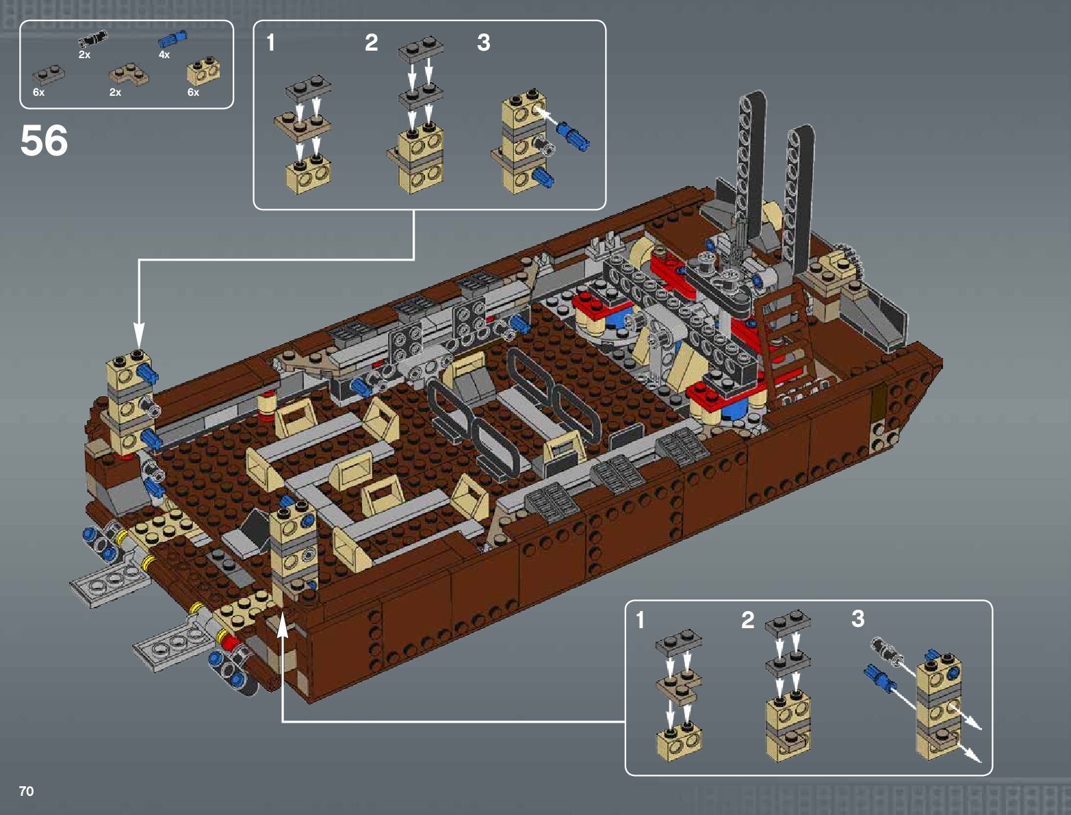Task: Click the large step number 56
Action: pyautogui.click(x=44, y=140)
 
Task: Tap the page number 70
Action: pyautogui.click(x=27, y=790)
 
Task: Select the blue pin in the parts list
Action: pyautogui.click(x=172, y=39)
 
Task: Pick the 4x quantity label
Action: pyautogui.click(x=164, y=55)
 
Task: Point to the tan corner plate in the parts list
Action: pyautogui.click(x=129, y=74)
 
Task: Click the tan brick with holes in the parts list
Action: pyautogui.click(x=203, y=72)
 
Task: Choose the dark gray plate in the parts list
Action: pyautogui.click(x=49, y=75)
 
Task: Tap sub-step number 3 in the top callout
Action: pyautogui.click(x=484, y=43)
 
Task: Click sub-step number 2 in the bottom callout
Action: pyautogui.click(x=747, y=620)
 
